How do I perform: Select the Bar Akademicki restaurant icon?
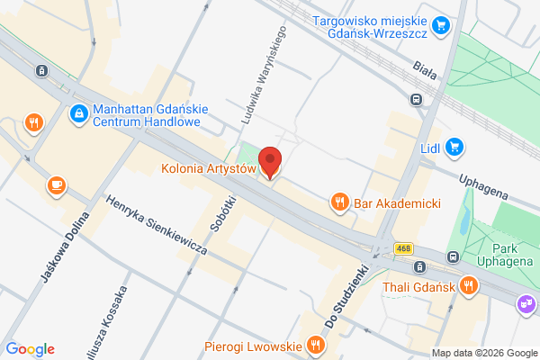point(339,202)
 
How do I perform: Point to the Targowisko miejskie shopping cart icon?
point(440,25)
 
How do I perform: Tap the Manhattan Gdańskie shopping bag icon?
point(79,114)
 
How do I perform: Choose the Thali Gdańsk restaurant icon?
point(468,286)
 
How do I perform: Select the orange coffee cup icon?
point(57,184)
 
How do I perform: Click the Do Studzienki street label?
point(347,296)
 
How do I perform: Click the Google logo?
point(31,349)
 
